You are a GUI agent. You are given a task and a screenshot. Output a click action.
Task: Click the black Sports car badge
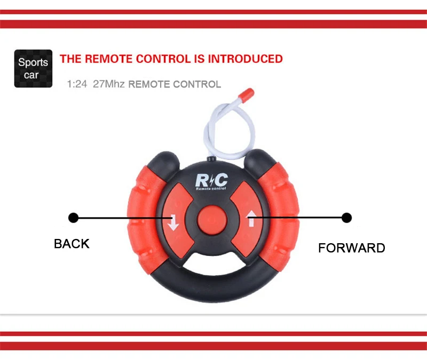33,68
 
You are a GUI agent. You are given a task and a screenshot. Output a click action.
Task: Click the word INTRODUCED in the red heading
245,59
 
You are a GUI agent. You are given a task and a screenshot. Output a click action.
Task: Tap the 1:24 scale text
77,84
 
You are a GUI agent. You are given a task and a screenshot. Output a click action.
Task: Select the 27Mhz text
108,84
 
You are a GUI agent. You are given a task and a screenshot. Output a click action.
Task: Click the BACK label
72,244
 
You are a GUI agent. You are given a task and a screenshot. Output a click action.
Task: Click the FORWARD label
351,247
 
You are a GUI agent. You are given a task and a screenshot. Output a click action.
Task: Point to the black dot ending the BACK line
74,218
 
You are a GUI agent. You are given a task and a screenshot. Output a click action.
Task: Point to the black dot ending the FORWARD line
346,218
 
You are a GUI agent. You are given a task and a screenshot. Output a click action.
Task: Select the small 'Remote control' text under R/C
211,189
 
